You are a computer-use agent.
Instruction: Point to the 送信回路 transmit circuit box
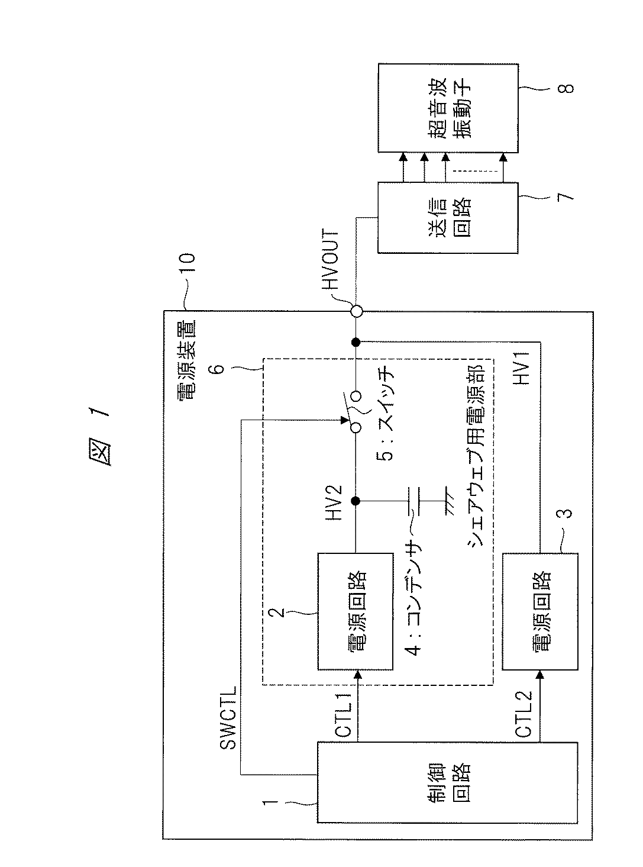[447, 217]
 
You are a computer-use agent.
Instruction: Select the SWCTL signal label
[230, 717]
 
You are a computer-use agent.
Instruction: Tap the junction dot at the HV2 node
[356, 501]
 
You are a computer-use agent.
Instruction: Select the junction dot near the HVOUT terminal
[356, 341]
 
